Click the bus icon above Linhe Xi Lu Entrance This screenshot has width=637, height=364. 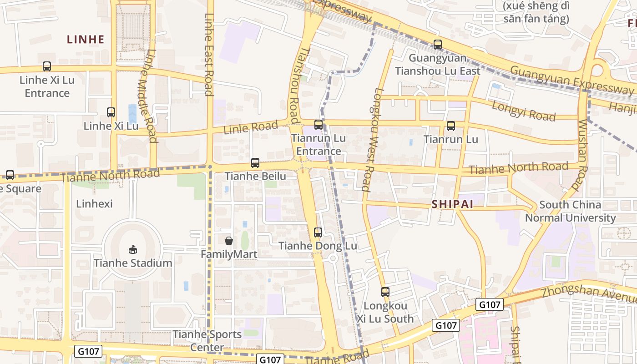tap(47, 66)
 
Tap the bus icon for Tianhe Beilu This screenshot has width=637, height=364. tap(255, 163)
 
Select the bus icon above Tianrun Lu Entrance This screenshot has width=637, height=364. tap(318, 125)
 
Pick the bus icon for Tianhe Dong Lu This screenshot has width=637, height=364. tap(318, 233)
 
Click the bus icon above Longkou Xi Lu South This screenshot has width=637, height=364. tap(385, 292)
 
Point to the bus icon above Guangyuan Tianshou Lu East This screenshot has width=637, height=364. tap(438, 45)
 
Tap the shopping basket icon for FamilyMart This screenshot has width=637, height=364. tap(229, 241)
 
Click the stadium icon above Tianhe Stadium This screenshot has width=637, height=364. tap(133, 249)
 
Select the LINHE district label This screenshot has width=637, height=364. tap(86, 40)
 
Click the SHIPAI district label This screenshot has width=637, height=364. tap(452, 205)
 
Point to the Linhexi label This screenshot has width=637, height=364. tap(94, 203)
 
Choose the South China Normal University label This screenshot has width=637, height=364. tap(570, 211)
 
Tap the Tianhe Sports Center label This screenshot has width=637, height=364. tap(207, 341)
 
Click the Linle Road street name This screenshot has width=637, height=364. tap(250, 127)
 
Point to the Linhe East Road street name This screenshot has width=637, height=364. tap(208, 55)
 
